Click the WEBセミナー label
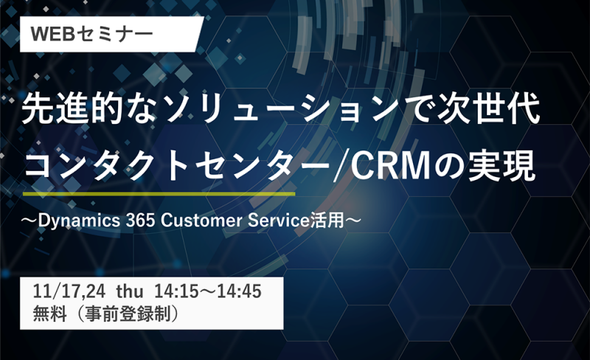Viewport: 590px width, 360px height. (91, 34)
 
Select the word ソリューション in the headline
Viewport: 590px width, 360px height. (278, 109)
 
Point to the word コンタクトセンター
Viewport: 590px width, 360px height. (179, 166)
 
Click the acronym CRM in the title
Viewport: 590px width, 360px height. (391, 166)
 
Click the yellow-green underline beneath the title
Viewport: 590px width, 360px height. (159, 193)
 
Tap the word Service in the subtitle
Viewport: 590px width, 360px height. (279, 221)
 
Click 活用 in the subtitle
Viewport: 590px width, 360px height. (327, 221)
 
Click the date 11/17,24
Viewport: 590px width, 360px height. (69, 292)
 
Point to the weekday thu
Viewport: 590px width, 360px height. (130, 292)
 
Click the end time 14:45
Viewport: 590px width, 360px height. (240, 292)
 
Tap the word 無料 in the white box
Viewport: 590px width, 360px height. (49, 314)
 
